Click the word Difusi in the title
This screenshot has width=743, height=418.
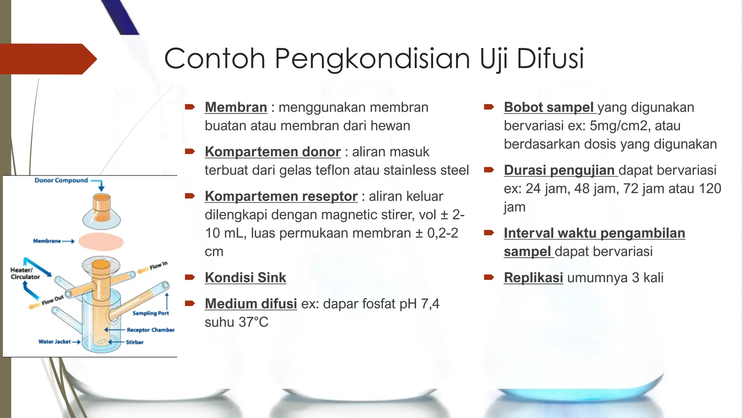tap(550, 59)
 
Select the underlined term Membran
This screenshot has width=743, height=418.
tap(236, 107)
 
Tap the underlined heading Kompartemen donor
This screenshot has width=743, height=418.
tap(272, 152)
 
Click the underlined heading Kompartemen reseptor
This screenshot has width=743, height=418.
tap(281, 196)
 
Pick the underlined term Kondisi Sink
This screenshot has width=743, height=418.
tap(245, 278)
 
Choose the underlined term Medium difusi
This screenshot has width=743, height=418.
tap(251, 304)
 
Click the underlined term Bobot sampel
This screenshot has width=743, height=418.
tap(549, 107)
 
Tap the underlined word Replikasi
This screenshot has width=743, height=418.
tap(533, 278)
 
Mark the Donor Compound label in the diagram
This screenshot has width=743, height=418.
tap(61, 180)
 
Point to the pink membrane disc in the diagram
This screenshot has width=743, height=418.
tap(101, 242)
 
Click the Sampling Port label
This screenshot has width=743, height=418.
tap(151, 313)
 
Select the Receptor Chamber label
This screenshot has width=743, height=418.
tap(151, 330)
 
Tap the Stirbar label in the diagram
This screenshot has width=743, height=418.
tap(135, 342)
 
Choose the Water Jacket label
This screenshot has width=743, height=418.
tap(54, 341)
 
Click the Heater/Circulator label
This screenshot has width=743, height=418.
tap(25, 273)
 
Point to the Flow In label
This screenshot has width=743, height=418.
tap(159, 266)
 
